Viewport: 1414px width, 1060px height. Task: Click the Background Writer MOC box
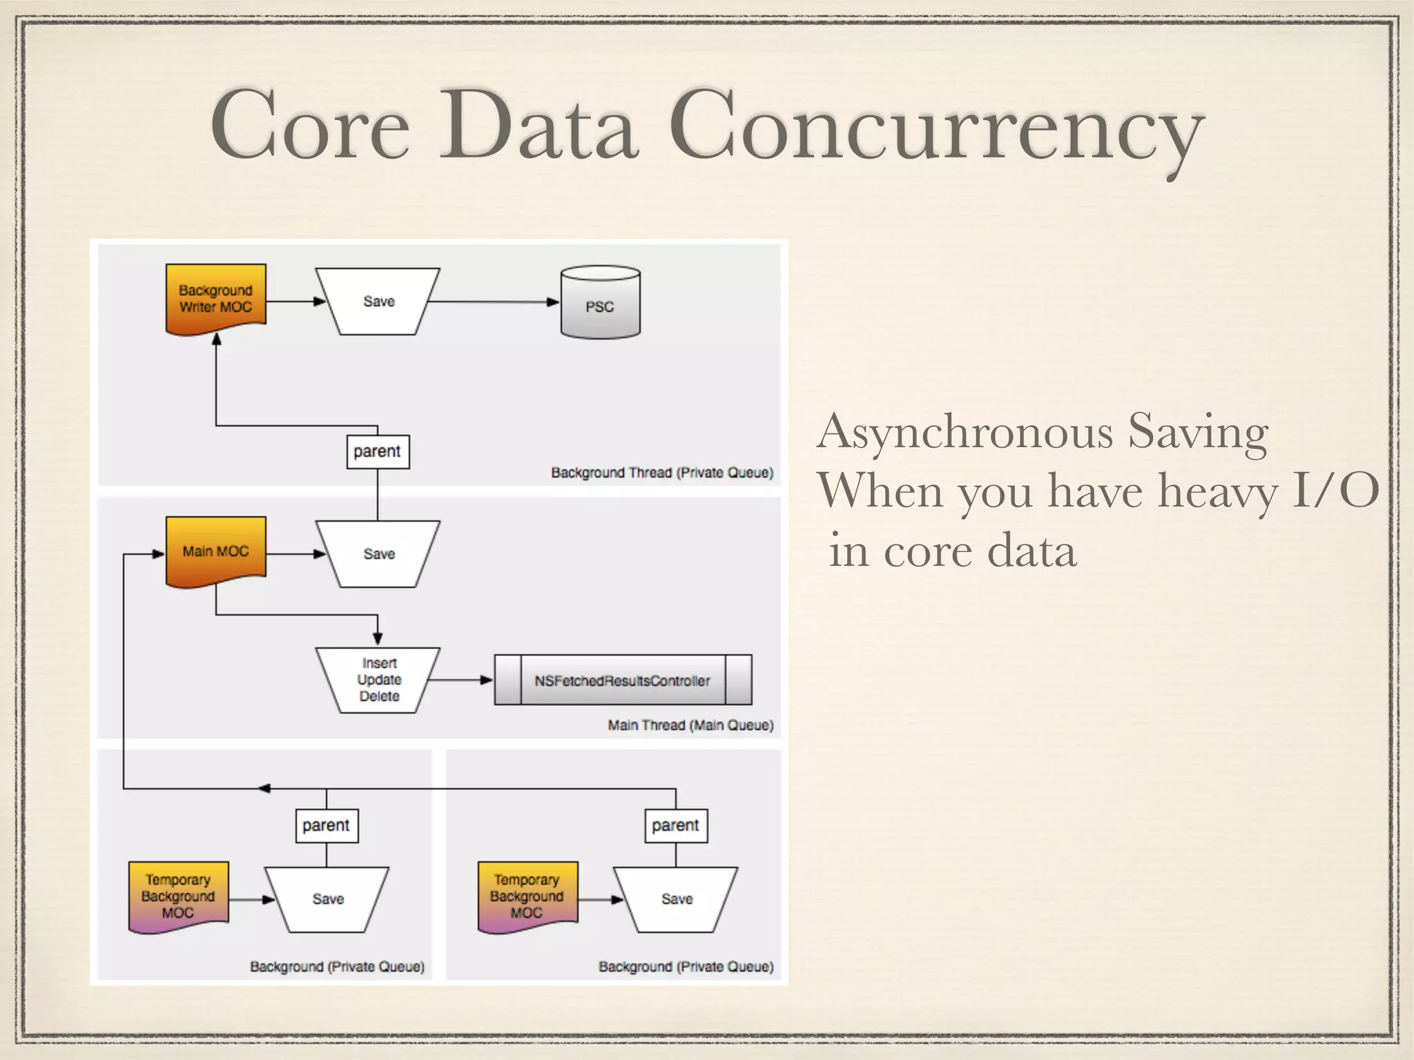215,299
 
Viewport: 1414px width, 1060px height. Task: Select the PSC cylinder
600,304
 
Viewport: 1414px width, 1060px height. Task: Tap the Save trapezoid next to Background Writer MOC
378,302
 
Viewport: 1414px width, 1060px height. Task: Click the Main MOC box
215,551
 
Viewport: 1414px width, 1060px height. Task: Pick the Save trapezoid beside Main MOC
378,554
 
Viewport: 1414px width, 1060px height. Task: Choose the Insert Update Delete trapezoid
378,680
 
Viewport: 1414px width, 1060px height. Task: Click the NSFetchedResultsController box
622,680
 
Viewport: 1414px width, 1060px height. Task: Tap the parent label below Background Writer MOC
377,451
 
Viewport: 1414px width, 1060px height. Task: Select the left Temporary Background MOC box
178,896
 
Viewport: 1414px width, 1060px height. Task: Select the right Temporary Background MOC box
527,896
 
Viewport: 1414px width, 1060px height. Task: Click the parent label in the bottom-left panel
326,825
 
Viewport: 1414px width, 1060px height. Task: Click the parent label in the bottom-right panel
675,825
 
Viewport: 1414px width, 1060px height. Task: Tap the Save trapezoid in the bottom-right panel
676,899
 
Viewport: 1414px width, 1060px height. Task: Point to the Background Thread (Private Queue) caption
661,473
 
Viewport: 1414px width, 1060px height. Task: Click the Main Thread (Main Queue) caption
690,725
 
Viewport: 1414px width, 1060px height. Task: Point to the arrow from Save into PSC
493,302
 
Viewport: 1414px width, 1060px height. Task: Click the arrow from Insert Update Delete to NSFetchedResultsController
461,680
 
